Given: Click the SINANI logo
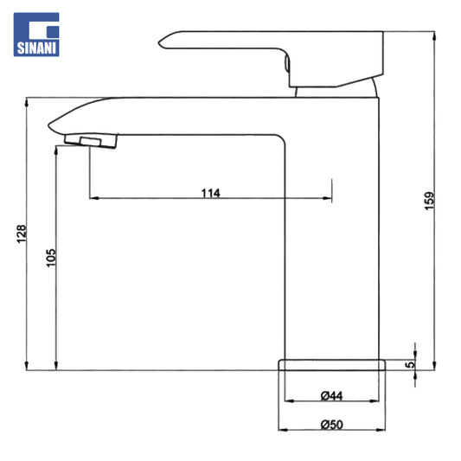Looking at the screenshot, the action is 36,35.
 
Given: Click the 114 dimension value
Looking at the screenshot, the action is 210,193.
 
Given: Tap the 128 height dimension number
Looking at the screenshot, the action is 21,234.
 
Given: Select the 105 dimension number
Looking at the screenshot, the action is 51,258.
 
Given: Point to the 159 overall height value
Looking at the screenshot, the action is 429,201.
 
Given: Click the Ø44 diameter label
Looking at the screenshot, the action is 331,396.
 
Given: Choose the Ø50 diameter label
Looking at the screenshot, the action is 331,425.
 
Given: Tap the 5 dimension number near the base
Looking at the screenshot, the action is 410,365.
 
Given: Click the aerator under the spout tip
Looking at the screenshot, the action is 91,141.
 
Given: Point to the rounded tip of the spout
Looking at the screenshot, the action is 49,125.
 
